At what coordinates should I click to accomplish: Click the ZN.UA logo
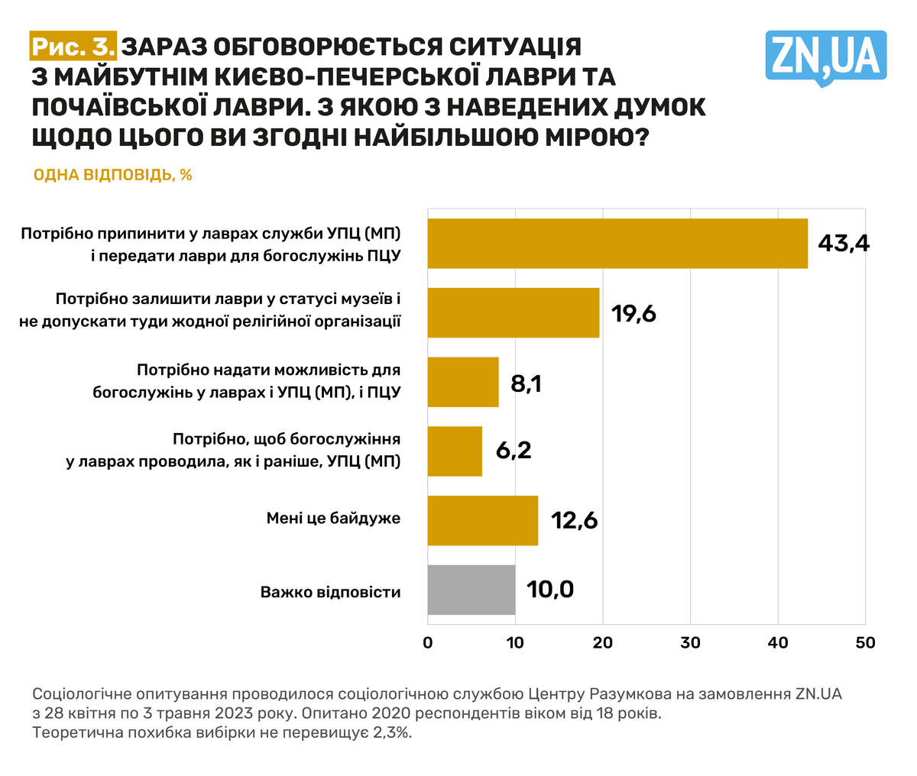point(825,57)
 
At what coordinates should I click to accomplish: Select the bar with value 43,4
point(617,244)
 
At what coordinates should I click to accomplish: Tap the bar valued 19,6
point(514,313)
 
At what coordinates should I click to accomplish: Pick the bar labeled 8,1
point(463,382)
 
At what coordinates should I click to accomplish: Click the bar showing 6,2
point(455,451)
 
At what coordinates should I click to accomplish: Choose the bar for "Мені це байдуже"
point(483,520)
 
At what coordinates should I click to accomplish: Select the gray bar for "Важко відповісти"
point(471,590)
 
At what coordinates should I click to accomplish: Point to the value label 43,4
point(844,244)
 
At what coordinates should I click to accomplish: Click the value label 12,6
point(573,521)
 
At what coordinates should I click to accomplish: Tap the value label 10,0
point(549,590)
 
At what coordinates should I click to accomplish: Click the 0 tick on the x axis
point(428,643)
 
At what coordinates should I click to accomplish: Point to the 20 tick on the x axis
point(603,643)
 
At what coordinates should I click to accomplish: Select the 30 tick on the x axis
point(691,643)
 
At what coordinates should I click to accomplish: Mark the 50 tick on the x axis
point(865,643)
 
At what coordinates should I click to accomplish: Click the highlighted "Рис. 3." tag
point(73,47)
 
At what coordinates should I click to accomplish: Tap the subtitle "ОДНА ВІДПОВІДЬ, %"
point(112,176)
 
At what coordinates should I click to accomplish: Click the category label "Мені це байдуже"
point(333,519)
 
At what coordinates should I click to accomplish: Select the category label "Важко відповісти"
point(330,592)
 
